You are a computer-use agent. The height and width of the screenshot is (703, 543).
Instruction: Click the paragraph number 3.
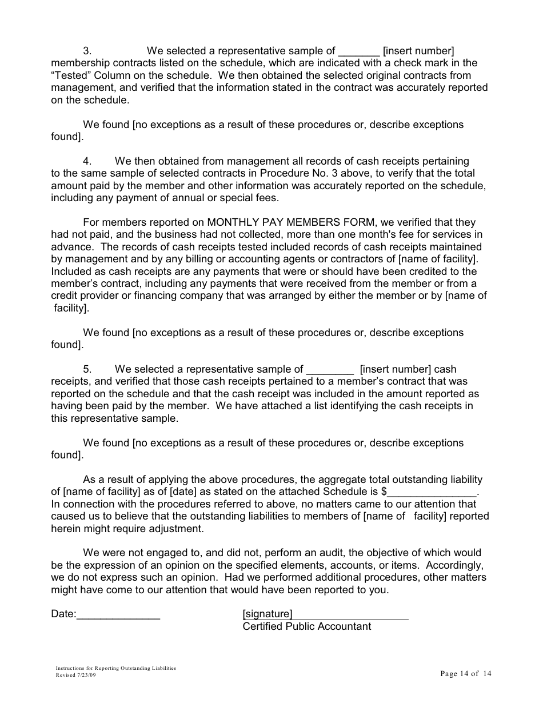(x=87, y=51)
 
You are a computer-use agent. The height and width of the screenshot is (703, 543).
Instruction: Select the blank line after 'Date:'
(x=118, y=615)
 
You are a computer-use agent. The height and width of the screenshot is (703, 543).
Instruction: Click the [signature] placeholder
(x=267, y=614)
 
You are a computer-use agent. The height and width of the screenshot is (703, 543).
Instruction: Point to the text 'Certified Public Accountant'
(x=307, y=626)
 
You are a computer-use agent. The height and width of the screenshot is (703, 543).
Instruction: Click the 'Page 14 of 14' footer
(x=466, y=674)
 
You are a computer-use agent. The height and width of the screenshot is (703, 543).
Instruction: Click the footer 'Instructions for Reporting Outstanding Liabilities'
(x=116, y=668)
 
